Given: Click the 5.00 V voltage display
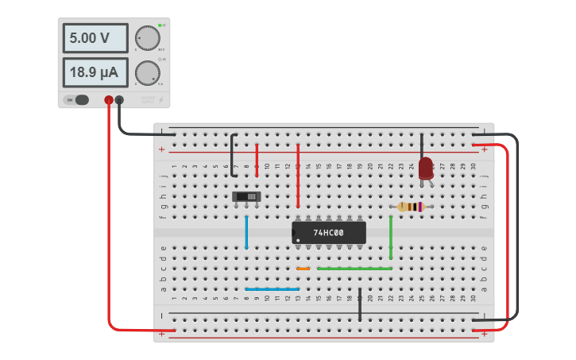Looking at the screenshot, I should (x=95, y=38).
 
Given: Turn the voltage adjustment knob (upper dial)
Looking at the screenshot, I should (x=147, y=37).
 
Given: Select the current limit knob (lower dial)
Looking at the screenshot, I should (x=147, y=72).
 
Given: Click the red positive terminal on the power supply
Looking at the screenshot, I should (x=109, y=100).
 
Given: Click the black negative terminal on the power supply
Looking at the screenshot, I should (x=119, y=100).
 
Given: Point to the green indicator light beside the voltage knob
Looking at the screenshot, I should (x=160, y=25).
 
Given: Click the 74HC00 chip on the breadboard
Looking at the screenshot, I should (x=329, y=233).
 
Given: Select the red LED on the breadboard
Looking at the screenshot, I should (x=426, y=168).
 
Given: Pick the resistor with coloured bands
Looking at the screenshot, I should (x=411, y=207).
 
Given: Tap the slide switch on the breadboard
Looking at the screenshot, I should (x=246, y=196).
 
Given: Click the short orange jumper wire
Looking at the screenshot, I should (x=303, y=269).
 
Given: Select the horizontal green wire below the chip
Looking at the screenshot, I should (x=354, y=269).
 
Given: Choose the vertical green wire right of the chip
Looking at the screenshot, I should (x=391, y=237).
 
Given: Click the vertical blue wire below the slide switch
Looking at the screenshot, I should (x=246, y=232).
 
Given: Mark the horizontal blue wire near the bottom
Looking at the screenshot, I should (x=273, y=289).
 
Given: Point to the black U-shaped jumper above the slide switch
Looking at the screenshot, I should (x=232, y=155).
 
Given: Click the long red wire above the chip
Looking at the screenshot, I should (x=298, y=175).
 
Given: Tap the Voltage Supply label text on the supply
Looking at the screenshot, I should (x=148, y=99).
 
